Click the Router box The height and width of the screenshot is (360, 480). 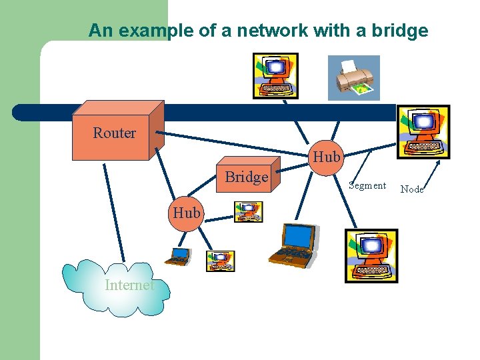[x=114, y=133]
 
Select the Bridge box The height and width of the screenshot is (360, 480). [x=246, y=177]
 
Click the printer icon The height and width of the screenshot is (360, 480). [x=353, y=77]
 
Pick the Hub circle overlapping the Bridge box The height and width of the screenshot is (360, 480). [x=326, y=157]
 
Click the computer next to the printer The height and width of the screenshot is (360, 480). [x=275, y=75]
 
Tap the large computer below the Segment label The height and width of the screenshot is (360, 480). [x=371, y=255]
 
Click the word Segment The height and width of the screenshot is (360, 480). [x=367, y=185]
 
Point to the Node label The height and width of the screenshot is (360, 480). [x=412, y=189]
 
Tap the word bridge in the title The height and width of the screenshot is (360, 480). [x=402, y=30]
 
